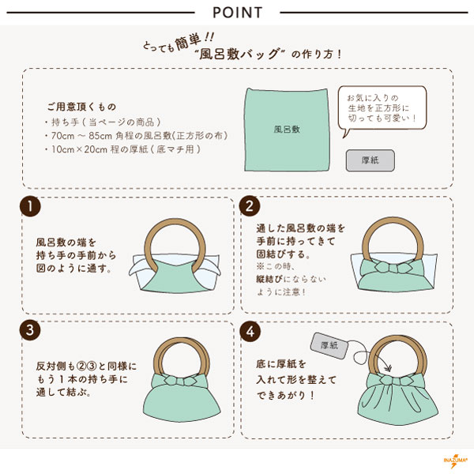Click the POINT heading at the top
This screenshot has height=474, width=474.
point(237,13)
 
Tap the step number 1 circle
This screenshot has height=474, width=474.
point(30,206)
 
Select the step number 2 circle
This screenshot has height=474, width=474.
point(250,206)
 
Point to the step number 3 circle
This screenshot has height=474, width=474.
point(30,329)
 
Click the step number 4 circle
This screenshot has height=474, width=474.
point(250,332)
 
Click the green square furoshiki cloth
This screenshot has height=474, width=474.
point(287,130)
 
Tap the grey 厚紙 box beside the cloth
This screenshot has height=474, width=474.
point(371,160)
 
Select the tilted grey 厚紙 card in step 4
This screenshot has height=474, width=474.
point(329,345)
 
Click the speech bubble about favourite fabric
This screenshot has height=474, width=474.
point(382,110)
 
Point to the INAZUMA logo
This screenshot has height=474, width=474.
point(455,461)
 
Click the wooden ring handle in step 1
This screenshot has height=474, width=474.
point(175,224)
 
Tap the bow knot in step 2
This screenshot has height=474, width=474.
point(393,268)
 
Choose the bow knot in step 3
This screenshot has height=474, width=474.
point(182,381)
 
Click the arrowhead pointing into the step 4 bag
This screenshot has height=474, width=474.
point(387,367)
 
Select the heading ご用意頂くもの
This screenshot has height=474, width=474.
point(81,107)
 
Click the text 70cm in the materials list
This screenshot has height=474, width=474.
point(62,136)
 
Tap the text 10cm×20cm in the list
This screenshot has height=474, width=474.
point(79,149)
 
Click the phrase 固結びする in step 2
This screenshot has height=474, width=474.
point(280,254)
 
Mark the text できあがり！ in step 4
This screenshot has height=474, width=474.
point(286,396)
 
